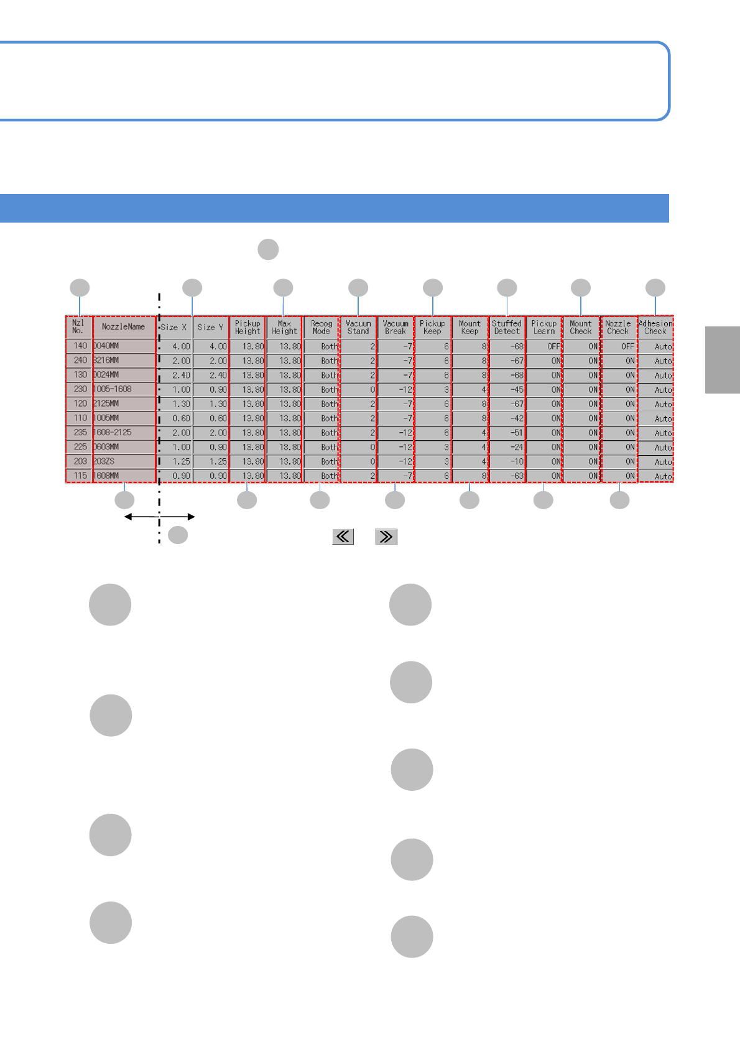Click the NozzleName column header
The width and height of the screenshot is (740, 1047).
[123, 327]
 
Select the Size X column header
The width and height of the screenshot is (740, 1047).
[173, 327]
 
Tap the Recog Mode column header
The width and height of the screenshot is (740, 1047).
[321, 327]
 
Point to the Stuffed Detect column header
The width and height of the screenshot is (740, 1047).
[507, 327]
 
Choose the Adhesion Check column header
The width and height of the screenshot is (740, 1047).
[655, 327]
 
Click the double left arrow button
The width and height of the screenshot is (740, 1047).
[343, 537]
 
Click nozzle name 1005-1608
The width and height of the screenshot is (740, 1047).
[123, 389]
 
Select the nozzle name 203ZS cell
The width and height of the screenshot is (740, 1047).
[123, 461]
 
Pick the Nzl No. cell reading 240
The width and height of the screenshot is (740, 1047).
[79, 361]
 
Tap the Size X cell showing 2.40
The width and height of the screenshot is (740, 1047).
[175, 376]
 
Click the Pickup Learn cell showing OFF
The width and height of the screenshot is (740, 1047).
[544, 346]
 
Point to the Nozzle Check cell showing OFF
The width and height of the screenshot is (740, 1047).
[619, 346]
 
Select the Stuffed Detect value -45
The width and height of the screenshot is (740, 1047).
[507, 390]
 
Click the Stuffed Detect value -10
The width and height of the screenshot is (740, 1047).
[507, 462]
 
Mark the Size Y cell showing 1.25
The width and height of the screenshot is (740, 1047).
[211, 462]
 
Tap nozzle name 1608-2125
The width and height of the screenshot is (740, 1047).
[123, 432]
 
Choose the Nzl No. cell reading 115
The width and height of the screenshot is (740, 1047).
[79, 476]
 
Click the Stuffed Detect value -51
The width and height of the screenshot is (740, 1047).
[507, 433]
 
